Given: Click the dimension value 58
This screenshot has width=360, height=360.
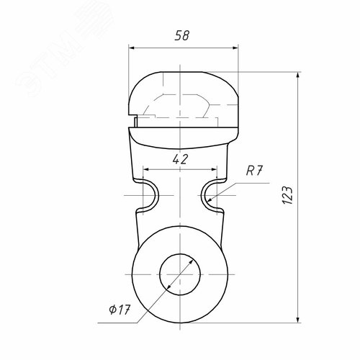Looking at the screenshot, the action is click(x=182, y=35).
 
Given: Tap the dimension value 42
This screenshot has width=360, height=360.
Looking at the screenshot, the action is click(x=180, y=159).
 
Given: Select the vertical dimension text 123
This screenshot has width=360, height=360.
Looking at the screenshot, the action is click(x=287, y=195).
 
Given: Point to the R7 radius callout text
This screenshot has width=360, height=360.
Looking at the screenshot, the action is click(x=254, y=171).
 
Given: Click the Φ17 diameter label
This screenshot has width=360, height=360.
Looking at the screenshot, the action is click(x=120, y=310).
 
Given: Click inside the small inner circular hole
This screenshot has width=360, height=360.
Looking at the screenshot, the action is click(x=180, y=274).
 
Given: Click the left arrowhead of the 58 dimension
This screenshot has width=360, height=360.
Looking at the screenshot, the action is click(x=131, y=48).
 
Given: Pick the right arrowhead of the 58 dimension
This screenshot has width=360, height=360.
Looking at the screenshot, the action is click(x=235, y=48).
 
